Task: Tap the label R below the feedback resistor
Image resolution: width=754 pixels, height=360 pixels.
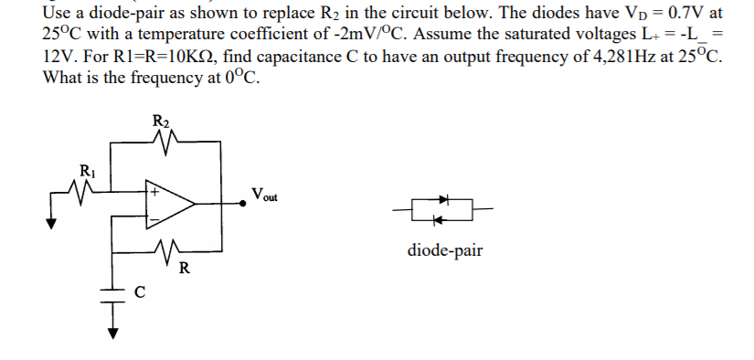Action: pyautogui.click(x=185, y=268)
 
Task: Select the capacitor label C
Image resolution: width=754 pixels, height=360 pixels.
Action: pyautogui.click(x=140, y=292)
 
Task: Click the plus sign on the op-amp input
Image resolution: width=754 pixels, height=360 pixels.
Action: pyautogui.click(x=155, y=194)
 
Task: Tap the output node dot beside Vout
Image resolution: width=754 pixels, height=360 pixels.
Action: pyautogui.click(x=241, y=206)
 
